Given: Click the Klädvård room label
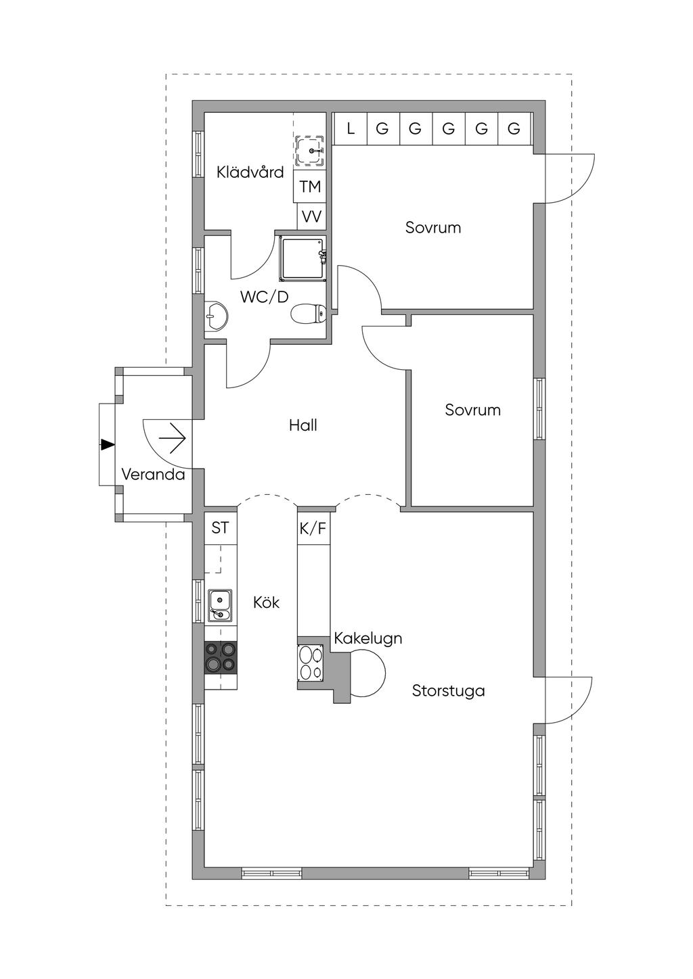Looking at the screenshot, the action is click(250, 172).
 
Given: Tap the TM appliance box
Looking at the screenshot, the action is click(310, 186).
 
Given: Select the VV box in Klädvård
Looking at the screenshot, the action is click(311, 216).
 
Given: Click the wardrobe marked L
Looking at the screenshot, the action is click(350, 128).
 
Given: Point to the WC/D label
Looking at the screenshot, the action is click(264, 297).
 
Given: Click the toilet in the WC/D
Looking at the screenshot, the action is click(308, 313).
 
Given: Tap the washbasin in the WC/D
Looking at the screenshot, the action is click(216, 315).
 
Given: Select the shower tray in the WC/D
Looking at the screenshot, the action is click(303, 258).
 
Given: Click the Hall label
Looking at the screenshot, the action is click(303, 425).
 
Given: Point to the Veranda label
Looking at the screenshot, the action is click(153, 475).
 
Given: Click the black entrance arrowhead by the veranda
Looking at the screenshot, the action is click(108, 444).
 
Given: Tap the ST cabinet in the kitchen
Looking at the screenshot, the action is click(220, 528).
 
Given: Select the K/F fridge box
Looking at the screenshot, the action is click(313, 529).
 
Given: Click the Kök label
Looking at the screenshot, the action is click(266, 602).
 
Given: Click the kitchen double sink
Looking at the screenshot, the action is click(221, 605).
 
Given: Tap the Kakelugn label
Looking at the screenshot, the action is click(368, 639).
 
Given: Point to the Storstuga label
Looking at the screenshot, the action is click(449, 691).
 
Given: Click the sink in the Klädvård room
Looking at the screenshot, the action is click(310, 151).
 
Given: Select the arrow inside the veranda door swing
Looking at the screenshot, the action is click(173, 437).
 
